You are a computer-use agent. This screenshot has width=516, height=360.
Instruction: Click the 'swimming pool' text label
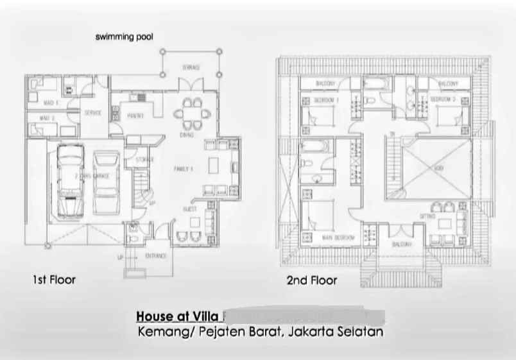coord(125,37)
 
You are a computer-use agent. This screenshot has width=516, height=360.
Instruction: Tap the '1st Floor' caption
coord(54,280)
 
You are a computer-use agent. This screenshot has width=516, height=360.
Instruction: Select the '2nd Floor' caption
coord(311,280)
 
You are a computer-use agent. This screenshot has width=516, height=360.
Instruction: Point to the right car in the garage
coord(107,182)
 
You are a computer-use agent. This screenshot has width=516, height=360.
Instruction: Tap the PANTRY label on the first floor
coord(135,116)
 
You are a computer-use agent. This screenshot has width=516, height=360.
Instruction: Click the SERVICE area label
coord(93,113)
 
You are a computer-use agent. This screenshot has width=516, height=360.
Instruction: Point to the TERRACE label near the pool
coord(191,67)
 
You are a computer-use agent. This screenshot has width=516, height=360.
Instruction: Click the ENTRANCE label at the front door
coord(156,256)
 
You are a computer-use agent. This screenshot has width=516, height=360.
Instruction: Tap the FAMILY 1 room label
coord(184,168)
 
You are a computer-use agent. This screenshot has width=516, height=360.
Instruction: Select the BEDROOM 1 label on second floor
coord(326,101)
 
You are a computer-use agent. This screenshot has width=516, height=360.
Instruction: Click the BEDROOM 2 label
coord(442,100)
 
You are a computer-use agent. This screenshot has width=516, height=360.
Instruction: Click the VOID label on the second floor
coord(438,167)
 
